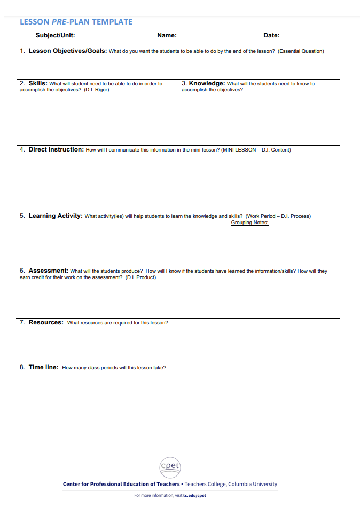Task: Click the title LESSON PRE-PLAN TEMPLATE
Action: tap(76, 22)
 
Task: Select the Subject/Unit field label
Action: tap(55, 35)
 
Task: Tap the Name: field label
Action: tap(167, 35)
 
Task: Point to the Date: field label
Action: tap(271, 35)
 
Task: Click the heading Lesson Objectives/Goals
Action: tap(67, 51)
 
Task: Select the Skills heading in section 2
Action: tap(37, 83)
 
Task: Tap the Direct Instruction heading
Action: tap(56, 149)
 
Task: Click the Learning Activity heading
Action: tap(55, 216)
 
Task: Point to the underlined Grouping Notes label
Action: tap(249, 223)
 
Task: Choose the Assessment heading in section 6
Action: tap(48, 271)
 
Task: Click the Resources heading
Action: tap(46, 322)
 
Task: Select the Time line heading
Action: tap(43, 367)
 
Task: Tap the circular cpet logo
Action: tap(170, 468)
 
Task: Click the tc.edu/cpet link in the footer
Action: tap(194, 495)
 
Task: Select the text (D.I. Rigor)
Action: tap(97, 90)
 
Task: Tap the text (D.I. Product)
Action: tap(140, 277)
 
